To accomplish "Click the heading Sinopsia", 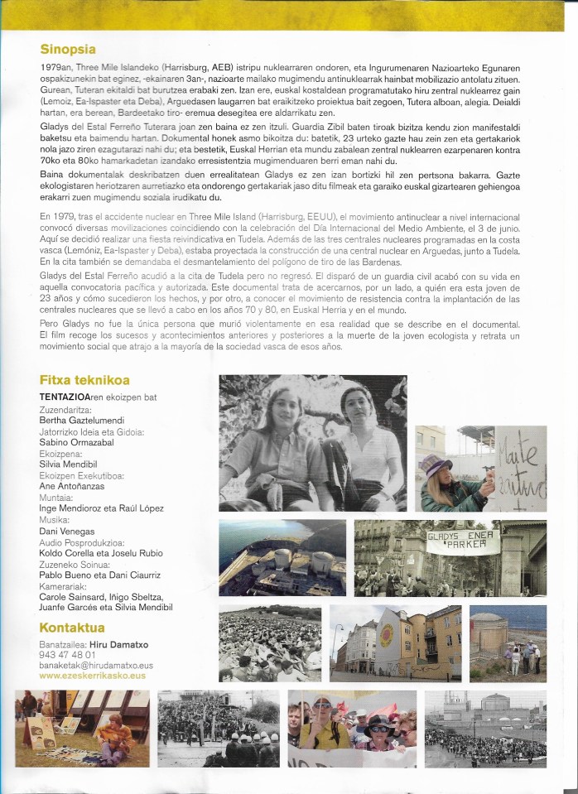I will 68,49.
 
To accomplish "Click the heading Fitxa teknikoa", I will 84,381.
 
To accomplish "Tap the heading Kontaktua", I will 72,627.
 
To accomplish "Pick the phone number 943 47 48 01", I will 68,654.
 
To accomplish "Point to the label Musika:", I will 55,520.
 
